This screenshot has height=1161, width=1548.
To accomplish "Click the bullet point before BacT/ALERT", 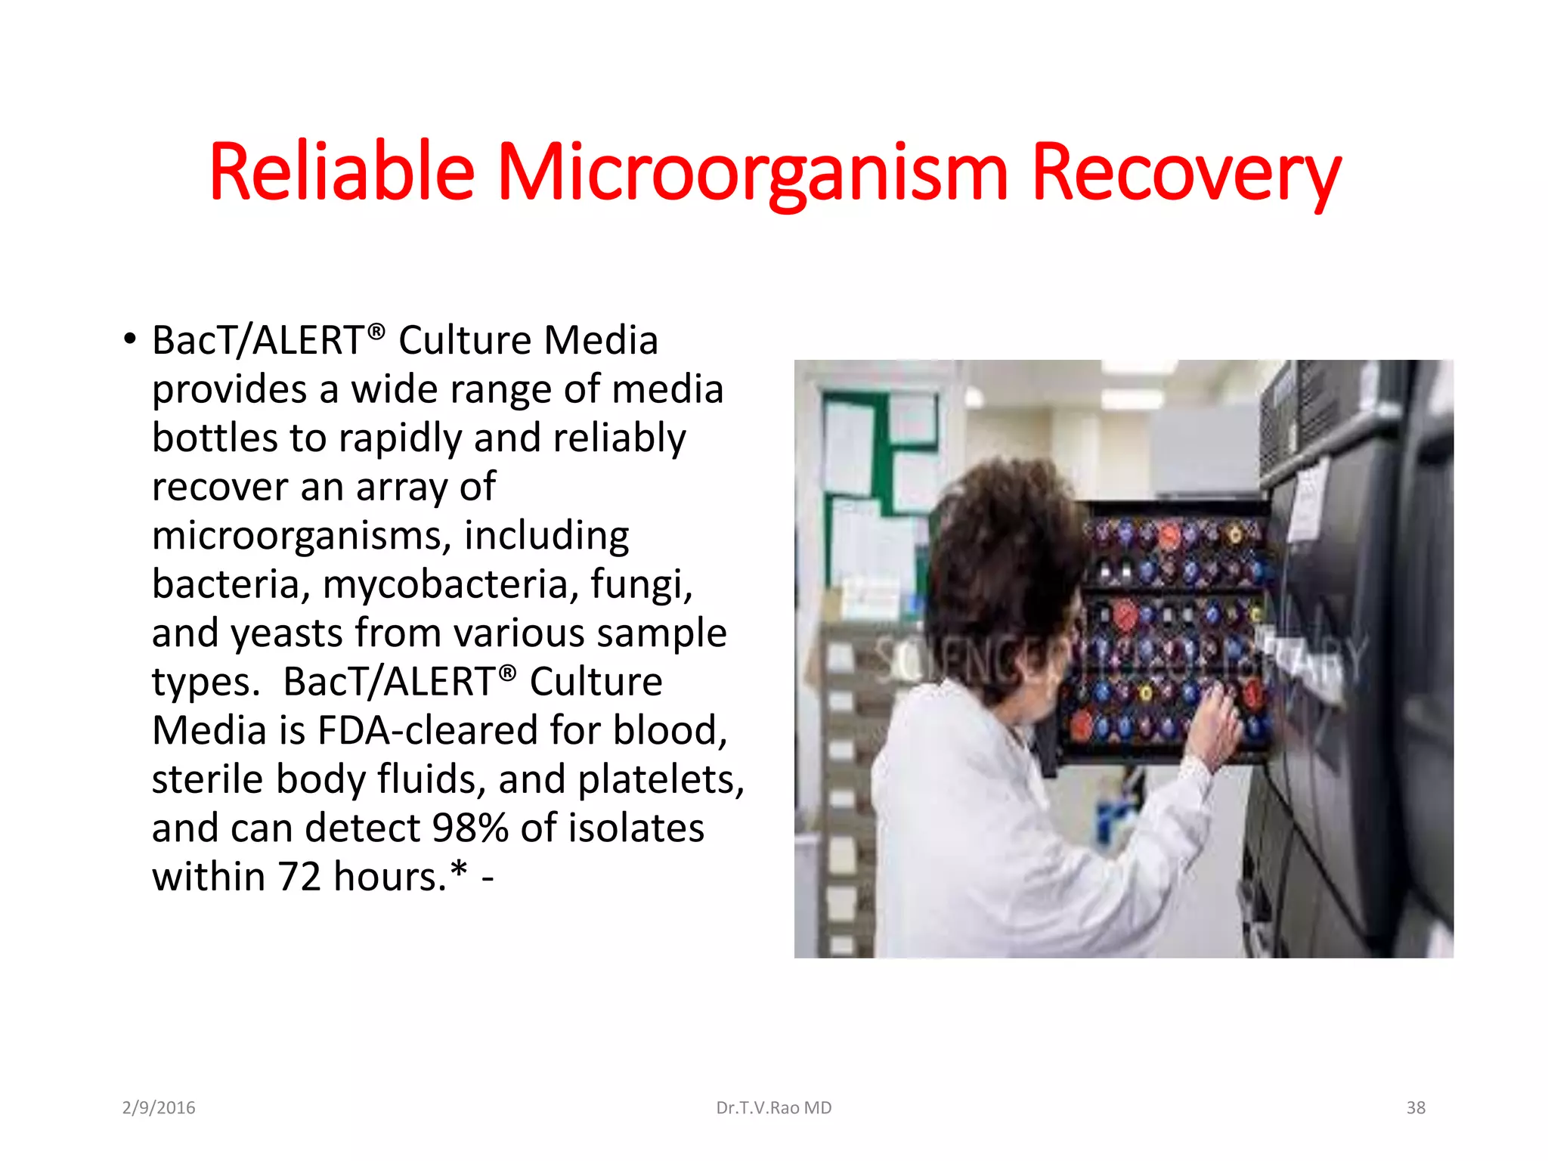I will [x=130, y=339].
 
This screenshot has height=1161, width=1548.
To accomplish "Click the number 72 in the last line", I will [x=299, y=877].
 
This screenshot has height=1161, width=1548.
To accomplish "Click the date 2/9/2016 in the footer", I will [x=159, y=1107].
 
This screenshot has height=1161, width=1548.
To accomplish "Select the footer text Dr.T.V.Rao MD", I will [x=773, y=1107].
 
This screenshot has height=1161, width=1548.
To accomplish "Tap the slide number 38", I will [x=1416, y=1107].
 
